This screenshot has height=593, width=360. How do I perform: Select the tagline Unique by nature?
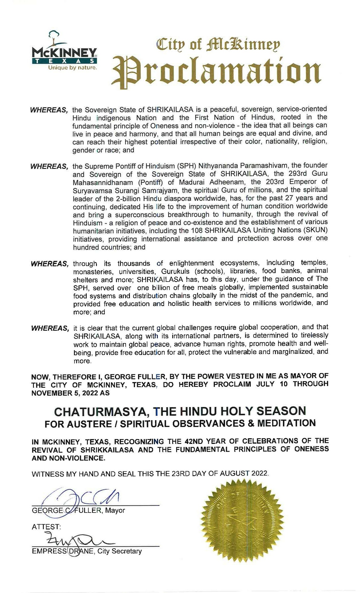(x=73, y=68)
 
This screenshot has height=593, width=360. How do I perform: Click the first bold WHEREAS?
(x=49, y=110)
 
